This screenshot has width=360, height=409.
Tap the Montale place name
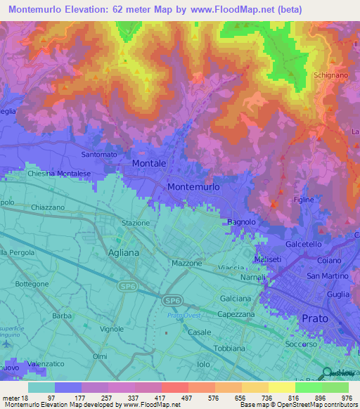point(149,163)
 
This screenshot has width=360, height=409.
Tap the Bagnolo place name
point(241,222)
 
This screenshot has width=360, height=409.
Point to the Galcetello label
point(304,244)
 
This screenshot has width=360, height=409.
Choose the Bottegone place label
point(32,284)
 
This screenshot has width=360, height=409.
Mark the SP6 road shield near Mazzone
point(172,300)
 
